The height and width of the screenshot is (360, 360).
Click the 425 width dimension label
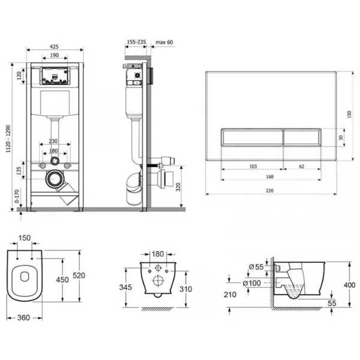(x=54, y=47)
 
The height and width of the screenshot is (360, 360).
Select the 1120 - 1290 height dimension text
(x=8, y=139)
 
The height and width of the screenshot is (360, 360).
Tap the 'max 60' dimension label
(x=164, y=42)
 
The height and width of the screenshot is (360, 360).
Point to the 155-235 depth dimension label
(x=136, y=42)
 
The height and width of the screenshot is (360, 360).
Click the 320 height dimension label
(x=178, y=187)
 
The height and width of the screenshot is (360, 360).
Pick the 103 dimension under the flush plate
(x=253, y=166)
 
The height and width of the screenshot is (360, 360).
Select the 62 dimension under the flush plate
(x=302, y=166)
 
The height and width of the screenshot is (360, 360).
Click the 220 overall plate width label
(x=270, y=191)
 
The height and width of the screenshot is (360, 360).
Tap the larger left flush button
(x=253, y=137)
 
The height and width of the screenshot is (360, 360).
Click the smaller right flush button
(x=302, y=137)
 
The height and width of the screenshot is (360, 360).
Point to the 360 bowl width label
(x=23, y=317)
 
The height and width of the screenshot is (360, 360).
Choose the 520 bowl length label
(x=79, y=275)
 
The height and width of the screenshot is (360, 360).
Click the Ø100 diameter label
(x=251, y=283)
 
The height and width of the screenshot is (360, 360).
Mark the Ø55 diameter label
(x=256, y=267)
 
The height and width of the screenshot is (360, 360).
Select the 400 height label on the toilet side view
(x=349, y=285)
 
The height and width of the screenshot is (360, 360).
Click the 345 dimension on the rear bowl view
(x=125, y=287)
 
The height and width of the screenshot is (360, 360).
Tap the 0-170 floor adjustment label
(x=17, y=196)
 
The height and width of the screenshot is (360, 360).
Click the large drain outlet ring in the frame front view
(x=55, y=179)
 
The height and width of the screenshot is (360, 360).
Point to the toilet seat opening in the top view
(x=25, y=277)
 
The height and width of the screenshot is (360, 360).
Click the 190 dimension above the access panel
(x=54, y=55)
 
